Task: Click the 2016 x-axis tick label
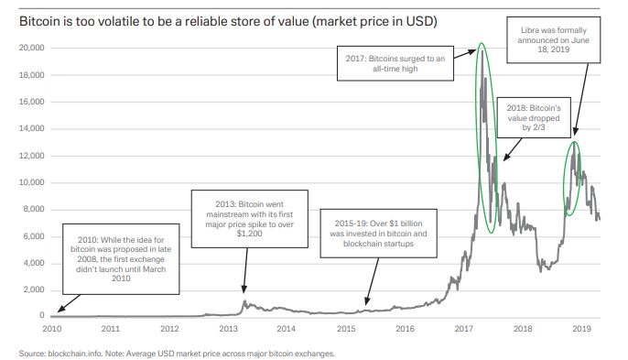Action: click(405, 327)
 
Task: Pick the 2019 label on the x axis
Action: click(582, 327)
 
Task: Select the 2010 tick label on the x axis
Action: click(51, 327)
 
